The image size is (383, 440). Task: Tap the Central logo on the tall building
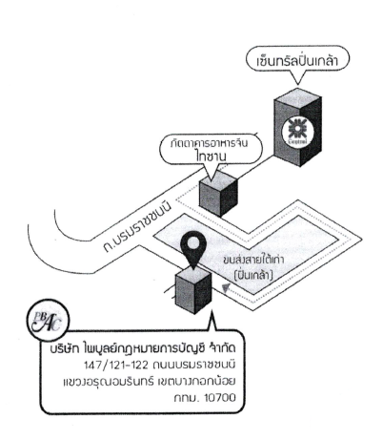tap(298, 131)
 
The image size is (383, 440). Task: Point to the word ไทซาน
tap(211, 157)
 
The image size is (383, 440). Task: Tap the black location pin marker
tap(193, 248)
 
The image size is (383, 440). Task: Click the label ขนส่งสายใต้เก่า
tap(253, 261)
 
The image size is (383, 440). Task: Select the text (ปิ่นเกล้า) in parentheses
tap(253, 275)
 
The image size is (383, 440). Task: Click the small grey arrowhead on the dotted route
tap(225, 287)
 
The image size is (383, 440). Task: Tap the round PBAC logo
tap(48, 320)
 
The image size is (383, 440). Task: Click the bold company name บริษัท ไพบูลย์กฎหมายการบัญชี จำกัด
tap(143, 348)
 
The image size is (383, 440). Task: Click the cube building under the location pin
tap(193, 291)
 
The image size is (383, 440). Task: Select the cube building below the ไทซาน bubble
tap(218, 193)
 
